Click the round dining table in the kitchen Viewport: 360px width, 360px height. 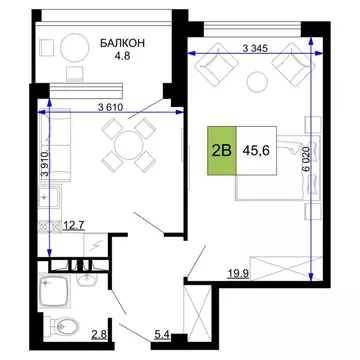tap(127, 145)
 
